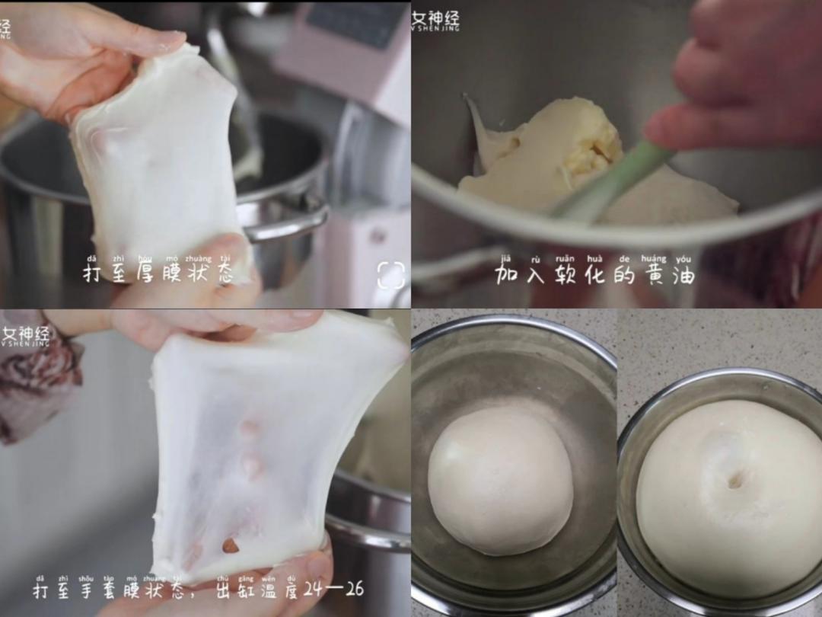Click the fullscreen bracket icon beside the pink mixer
point(390,275)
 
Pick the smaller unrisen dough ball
point(500,479)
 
